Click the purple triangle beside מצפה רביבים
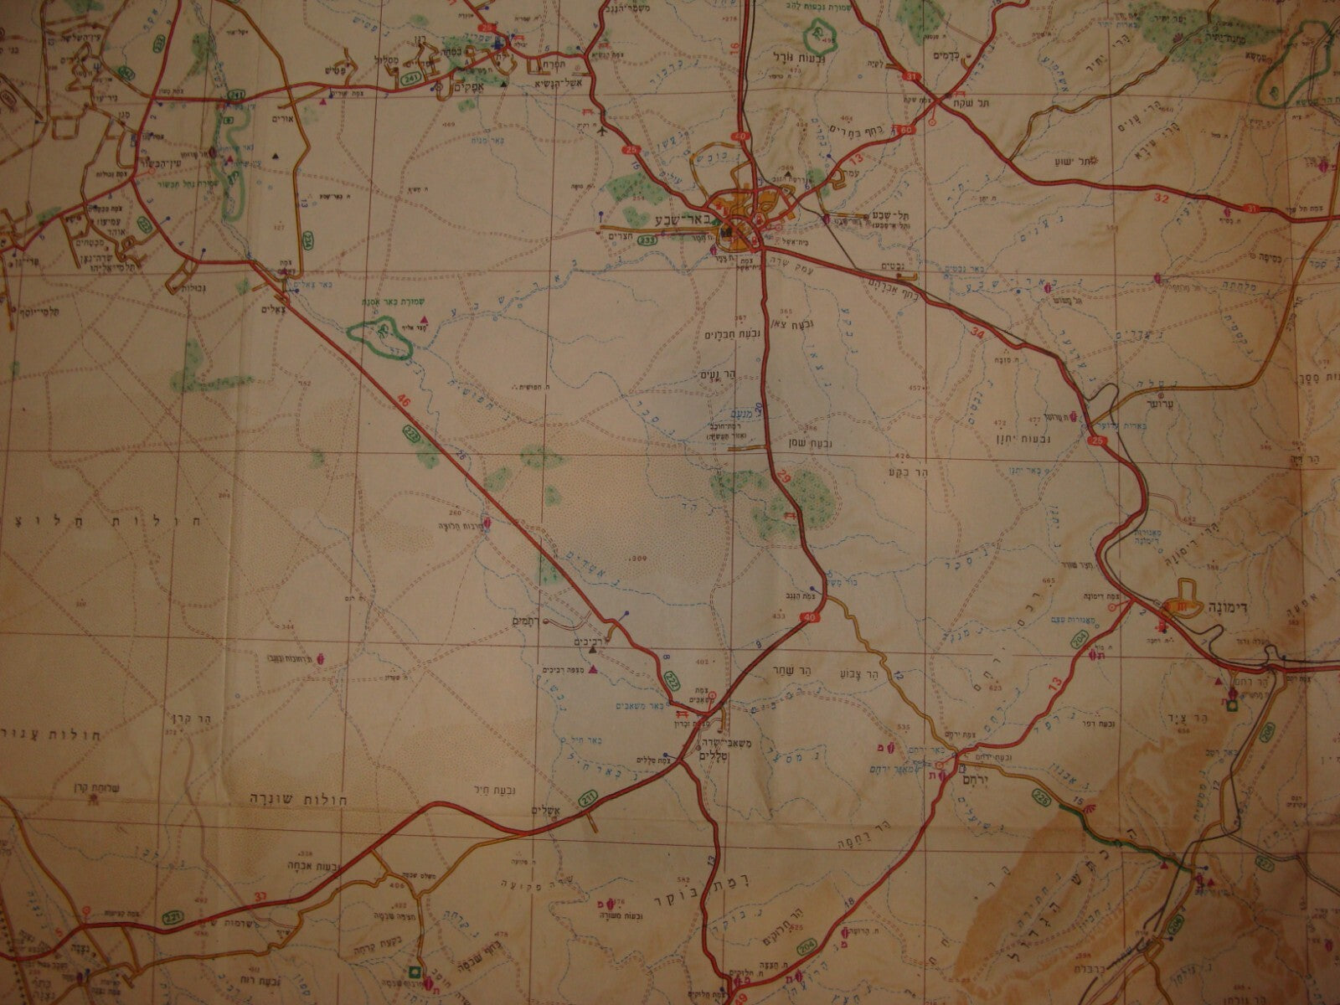(593, 669)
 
